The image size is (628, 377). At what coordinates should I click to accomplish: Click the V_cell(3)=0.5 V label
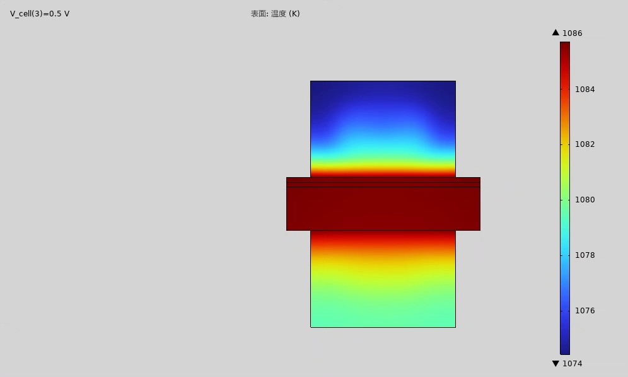click(40, 14)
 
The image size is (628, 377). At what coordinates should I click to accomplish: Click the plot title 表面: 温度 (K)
click(275, 14)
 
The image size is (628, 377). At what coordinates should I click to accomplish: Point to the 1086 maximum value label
click(573, 33)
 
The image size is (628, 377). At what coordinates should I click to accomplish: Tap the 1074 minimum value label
click(573, 363)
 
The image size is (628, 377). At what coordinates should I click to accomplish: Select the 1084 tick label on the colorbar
click(584, 90)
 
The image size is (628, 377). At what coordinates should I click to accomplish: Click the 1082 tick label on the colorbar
click(584, 144)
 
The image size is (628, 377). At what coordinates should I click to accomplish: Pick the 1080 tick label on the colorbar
click(584, 199)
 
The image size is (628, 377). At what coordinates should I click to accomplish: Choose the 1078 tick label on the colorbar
click(584, 255)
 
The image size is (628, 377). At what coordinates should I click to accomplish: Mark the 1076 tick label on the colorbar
click(584, 311)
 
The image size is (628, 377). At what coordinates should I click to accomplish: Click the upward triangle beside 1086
click(555, 32)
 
